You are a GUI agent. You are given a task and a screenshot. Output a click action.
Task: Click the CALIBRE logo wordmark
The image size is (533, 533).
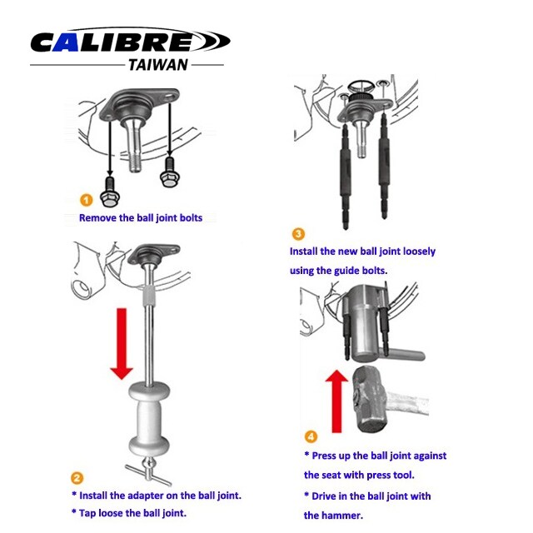[130, 41]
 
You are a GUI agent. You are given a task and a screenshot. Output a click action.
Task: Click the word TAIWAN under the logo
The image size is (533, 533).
[158, 65]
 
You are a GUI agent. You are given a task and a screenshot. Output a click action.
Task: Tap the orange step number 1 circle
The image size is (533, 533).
[87, 200]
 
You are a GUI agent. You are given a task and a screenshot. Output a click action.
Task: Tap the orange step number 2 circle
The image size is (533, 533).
[77, 477]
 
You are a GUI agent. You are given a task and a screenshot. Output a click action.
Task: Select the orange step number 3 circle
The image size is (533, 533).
[298, 234]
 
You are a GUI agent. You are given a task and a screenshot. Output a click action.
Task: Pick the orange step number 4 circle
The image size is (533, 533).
[311, 436]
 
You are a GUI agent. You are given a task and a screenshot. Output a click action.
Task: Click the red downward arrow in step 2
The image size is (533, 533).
[122, 343]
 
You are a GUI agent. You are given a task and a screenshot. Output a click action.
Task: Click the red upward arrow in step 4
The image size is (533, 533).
[336, 401]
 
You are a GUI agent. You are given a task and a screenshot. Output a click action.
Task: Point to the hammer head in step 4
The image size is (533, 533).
[371, 399]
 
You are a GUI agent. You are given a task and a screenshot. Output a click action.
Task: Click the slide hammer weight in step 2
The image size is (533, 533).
[149, 419]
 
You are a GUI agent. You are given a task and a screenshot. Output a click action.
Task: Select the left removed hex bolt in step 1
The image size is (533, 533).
[109, 192]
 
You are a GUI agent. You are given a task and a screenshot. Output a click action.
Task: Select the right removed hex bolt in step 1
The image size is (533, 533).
[168, 172]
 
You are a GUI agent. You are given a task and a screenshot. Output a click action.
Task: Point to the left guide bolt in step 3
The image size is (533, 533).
[345, 176]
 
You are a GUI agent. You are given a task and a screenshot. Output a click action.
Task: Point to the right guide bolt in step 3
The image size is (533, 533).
[384, 167]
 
